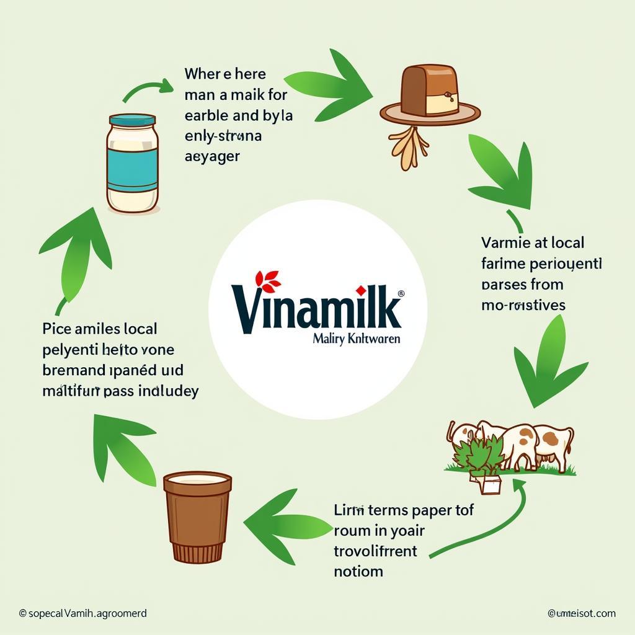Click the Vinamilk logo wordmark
tap(316, 307)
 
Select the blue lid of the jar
tap(132, 120)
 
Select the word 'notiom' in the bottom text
tap(358, 571)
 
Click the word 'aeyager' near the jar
tap(212, 156)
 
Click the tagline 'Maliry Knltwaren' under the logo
tap(357, 339)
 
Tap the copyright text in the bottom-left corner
tap(82, 613)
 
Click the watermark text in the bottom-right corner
tap(581, 613)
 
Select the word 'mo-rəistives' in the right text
tap(523, 305)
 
